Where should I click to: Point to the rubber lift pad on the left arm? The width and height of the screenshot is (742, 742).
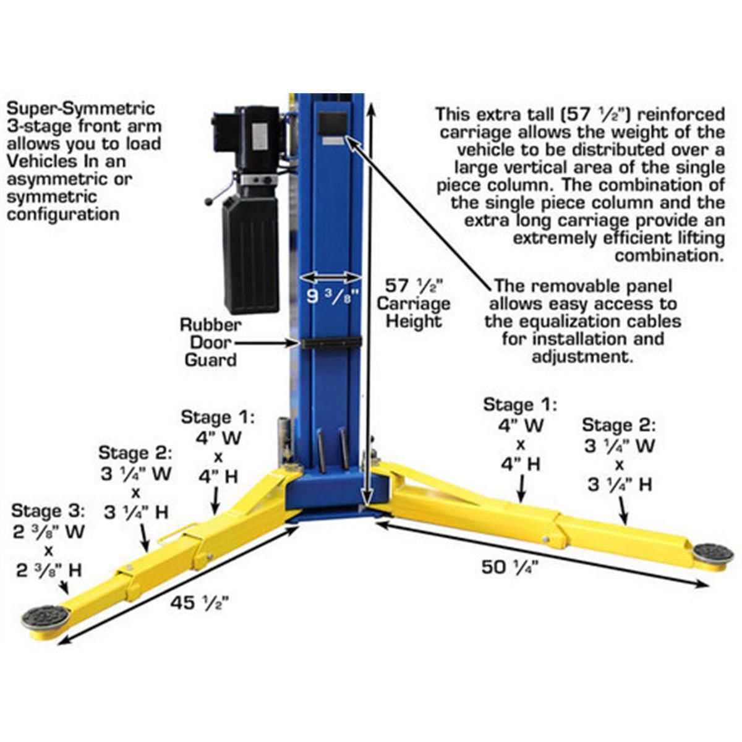[x=45, y=616]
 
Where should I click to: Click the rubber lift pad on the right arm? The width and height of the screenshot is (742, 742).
[x=713, y=550]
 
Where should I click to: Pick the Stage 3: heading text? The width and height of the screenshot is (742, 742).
[x=48, y=511]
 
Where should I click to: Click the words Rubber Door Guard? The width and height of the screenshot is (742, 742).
[x=210, y=342]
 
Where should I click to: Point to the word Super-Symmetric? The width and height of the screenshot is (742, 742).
[x=80, y=109]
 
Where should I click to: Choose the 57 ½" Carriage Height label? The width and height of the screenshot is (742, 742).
[x=414, y=303]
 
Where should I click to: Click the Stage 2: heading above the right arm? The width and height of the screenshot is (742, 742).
[x=619, y=425]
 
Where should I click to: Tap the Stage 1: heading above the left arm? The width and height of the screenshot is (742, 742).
[x=218, y=417]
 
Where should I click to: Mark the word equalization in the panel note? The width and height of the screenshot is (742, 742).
[x=562, y=322]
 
